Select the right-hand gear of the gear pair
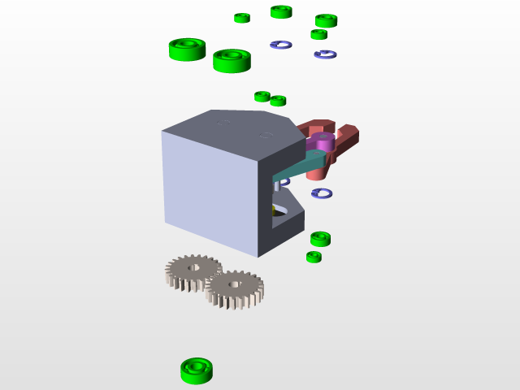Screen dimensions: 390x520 235,288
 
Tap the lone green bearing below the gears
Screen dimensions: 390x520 197,370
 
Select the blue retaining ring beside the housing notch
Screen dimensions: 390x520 322,193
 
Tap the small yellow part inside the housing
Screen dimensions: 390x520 274,210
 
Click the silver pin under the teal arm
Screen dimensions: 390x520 276,186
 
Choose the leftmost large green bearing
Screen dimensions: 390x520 187,49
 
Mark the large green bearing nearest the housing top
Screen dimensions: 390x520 232,60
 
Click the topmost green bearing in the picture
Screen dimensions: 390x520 281,11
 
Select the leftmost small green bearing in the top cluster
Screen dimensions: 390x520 242,18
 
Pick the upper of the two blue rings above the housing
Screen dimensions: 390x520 280,45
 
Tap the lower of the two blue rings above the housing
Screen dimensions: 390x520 325,54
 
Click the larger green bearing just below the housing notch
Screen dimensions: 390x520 320,239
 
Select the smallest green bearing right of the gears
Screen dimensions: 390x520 314,257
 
